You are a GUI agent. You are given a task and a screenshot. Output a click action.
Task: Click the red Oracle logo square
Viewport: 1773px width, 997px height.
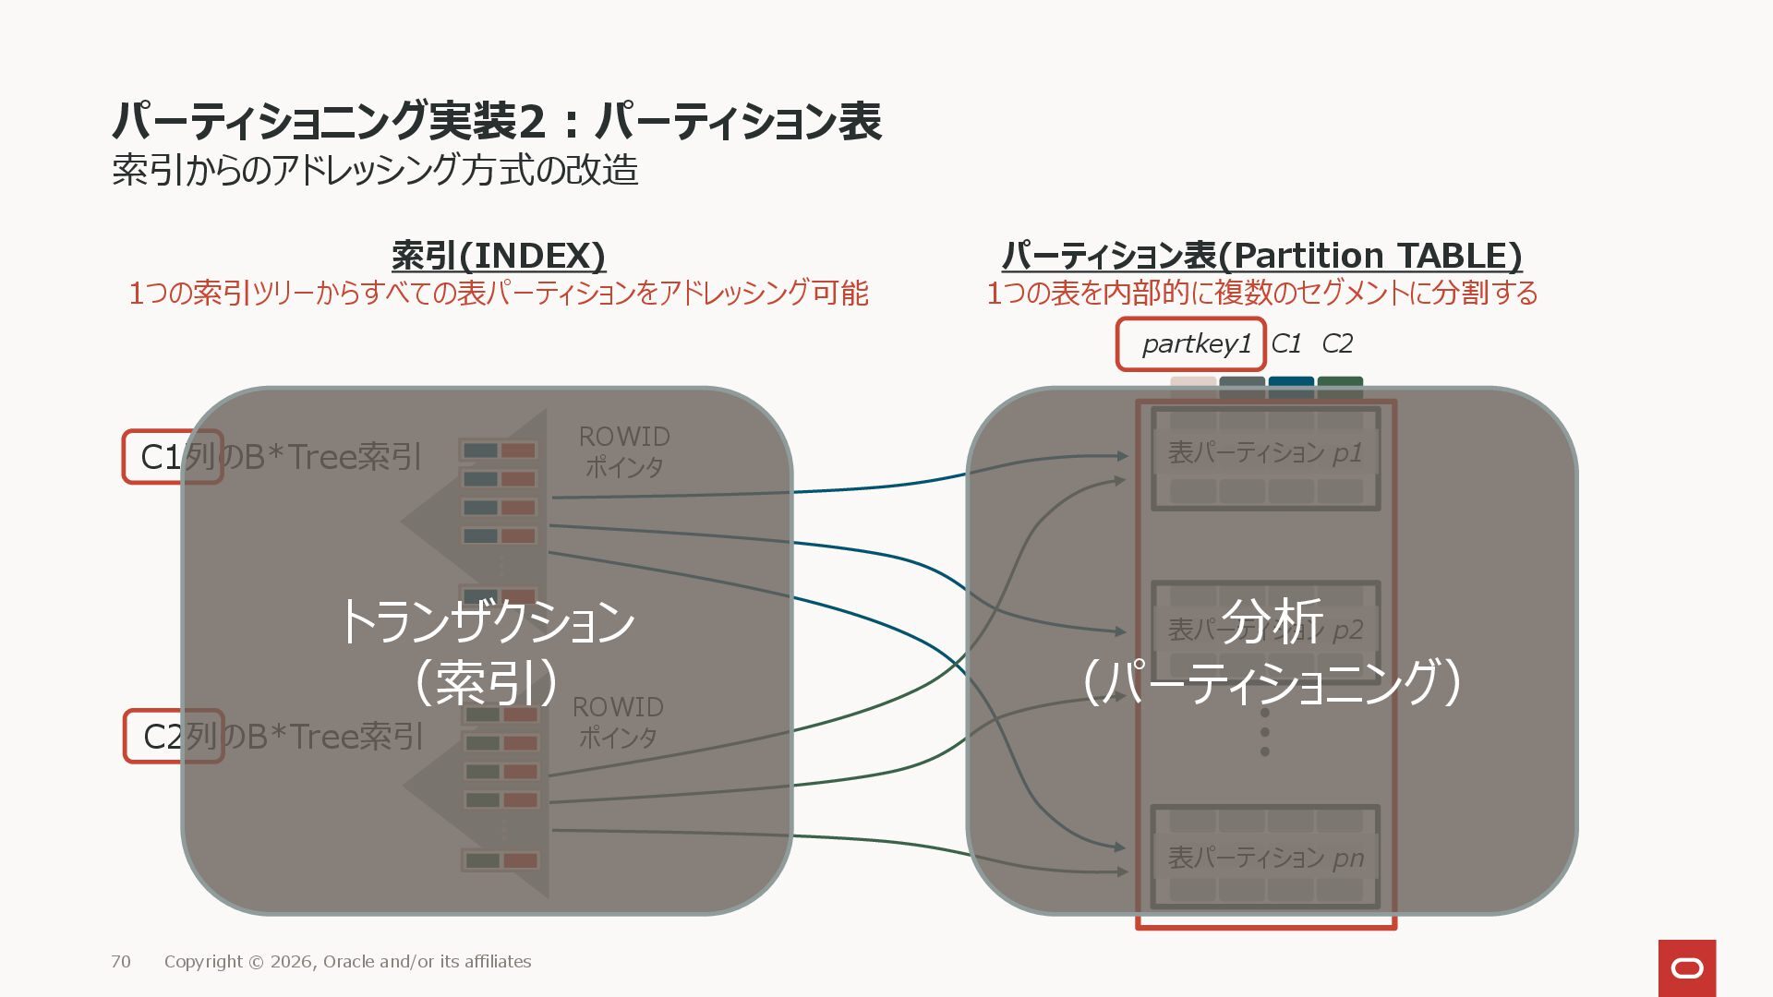(1687, 967)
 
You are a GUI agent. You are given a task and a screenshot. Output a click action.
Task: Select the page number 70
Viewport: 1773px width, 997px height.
(121, 962)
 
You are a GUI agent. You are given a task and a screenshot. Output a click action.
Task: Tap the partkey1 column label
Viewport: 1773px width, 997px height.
(1196, 344)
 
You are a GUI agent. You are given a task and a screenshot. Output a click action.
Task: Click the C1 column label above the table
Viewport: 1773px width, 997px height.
(1285, 344)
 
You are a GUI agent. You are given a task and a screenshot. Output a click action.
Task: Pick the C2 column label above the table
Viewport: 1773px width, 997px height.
(1337, 344)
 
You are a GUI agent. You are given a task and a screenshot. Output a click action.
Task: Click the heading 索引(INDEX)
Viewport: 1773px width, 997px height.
(499, 256)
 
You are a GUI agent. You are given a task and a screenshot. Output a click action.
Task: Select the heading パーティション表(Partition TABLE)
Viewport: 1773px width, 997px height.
(1261, 256)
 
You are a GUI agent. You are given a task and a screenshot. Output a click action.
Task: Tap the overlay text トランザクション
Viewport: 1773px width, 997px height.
(488, 621)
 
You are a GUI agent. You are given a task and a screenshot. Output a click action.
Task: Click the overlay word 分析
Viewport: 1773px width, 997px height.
(1272, 621)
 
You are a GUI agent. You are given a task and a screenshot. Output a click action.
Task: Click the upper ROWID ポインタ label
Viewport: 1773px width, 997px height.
(624, 451)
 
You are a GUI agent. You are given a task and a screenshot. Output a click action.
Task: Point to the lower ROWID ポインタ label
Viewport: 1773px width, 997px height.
(618, 722)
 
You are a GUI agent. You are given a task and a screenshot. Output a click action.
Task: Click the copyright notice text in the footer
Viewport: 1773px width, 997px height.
(347, 962)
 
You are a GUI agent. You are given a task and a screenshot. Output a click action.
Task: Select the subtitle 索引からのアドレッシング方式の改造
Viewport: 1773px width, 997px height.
(375, 170)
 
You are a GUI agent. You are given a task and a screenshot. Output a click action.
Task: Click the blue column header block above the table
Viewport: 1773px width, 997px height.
(1291, 383)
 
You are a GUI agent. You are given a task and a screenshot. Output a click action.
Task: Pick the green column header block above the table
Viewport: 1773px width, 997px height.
(1340, 383)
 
